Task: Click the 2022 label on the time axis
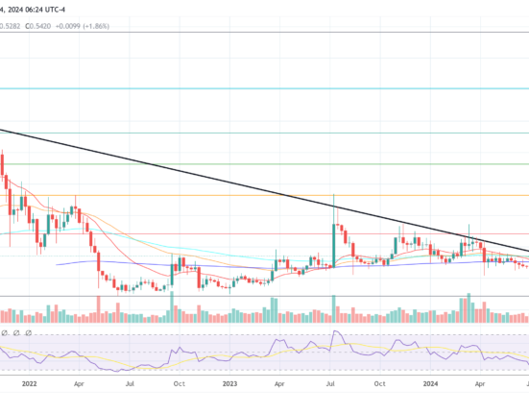point(29,382)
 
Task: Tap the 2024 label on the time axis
point(430,382)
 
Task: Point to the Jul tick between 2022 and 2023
point(129,382)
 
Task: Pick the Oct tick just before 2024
point(379,382)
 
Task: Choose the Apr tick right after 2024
point(480,382)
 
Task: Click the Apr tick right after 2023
point(279,382)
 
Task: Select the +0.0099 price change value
point(73,26)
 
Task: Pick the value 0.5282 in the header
point(9,26)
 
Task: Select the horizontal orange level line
point(192,196)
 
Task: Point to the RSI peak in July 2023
point(335,333)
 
